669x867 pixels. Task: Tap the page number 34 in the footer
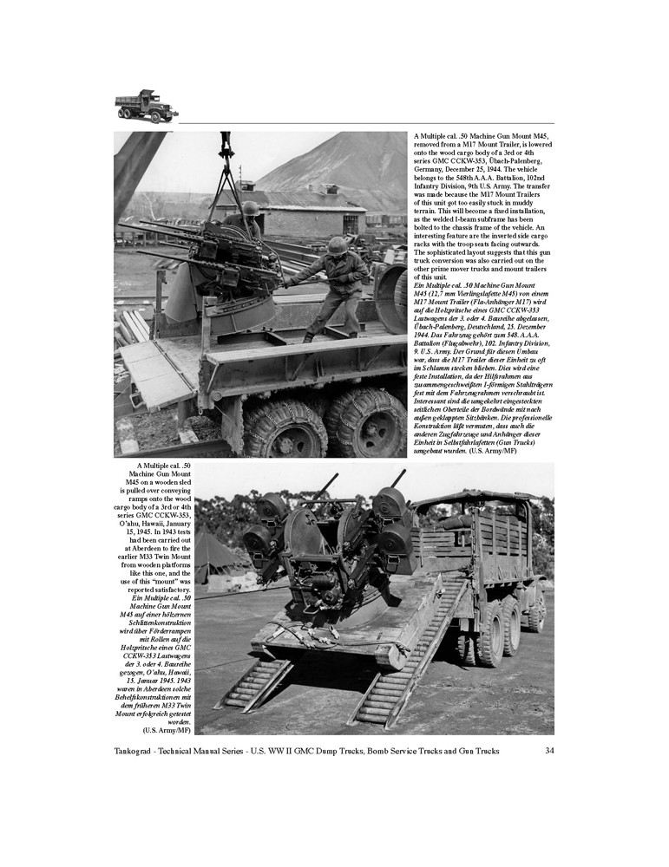coord(549,750)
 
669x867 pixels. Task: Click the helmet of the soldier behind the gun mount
coord(250,209)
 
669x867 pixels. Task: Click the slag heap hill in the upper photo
coord(338,165)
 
